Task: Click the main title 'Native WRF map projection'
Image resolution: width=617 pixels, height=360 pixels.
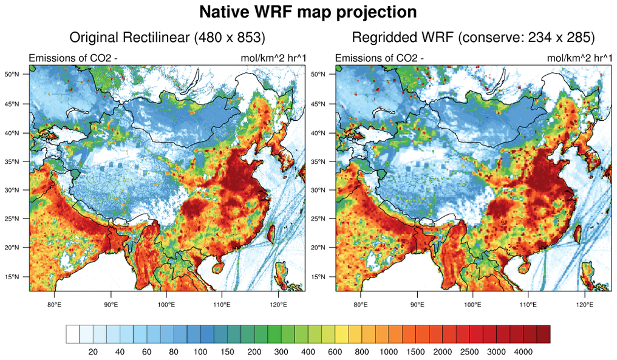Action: [308, 12]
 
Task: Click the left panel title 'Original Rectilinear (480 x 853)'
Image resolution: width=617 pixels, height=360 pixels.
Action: [168, 38]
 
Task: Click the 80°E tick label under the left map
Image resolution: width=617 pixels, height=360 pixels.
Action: [54, 304]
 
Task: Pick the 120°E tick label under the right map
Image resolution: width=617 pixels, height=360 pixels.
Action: [584, 304]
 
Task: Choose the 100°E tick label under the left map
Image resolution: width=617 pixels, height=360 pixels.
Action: [166, 304]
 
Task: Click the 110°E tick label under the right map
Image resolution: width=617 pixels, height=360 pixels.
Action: [528, 304]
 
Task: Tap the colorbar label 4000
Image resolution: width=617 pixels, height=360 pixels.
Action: [523, 352]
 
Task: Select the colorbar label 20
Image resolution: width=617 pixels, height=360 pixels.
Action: [94, 352]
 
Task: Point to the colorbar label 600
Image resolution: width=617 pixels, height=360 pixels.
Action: [335, 352]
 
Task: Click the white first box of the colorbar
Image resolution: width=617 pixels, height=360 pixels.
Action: [73, 335]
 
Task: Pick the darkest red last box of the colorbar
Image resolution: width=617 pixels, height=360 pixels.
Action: [544, 335]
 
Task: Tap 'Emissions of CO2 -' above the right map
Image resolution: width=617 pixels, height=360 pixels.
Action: [380, 58]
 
